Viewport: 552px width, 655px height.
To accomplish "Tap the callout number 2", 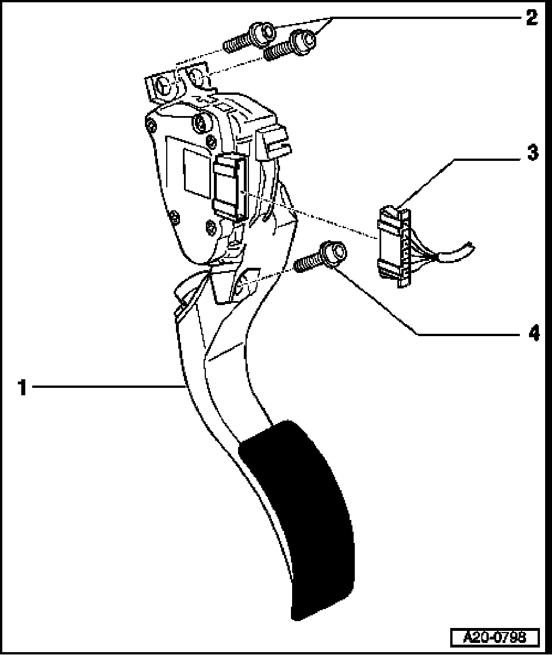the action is [x=531, y=17].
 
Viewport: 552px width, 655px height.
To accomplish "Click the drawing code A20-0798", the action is [x=495, y=637].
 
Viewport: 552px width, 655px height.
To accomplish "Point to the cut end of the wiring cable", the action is [x=470, y=248].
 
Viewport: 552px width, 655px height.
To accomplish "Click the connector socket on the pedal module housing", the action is [x=229, y=187].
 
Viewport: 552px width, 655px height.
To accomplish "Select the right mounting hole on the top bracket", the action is [x=197, y=76].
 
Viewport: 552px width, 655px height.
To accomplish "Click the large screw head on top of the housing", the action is [x=201, y=122].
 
